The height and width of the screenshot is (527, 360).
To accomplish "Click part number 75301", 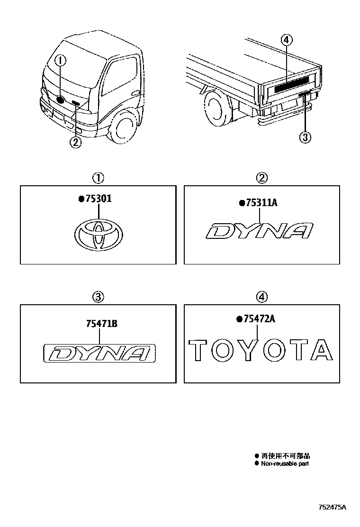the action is pyautogui.click(x=98, y=199).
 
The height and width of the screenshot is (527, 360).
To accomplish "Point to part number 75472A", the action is pyautogui.click(x=259, y=319).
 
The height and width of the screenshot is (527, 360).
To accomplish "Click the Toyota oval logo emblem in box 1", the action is pyautogui.click(x=98, y=235).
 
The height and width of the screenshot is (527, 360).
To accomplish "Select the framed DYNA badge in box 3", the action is pyautogui.click(x=99, y=353).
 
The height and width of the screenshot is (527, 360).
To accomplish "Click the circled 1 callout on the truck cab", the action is pyautogui.click(x=60, y=60).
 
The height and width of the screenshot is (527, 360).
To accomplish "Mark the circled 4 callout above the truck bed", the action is pyautogui.click(x=285, y=40).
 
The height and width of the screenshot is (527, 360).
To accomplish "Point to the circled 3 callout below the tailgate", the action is pyautogui.click(x=305, y=137).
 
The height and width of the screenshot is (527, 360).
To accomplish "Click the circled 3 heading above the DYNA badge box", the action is pyautogui.click(x=97, y=297).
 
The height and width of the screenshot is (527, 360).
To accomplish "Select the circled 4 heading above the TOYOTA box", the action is pyautogui.click(x=261, y=297).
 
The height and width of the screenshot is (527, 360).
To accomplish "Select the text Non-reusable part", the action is pyautogui.click(x=285, y=463).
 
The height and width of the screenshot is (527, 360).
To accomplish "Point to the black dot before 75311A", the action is pyautogui.click(x=242, y=203).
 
